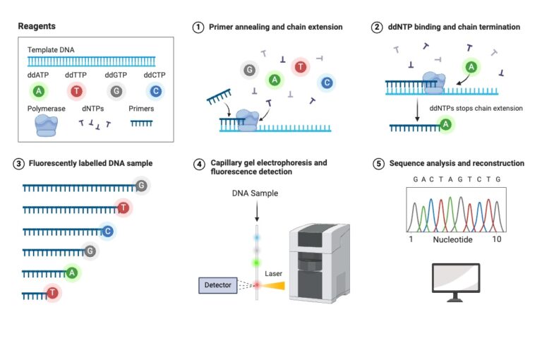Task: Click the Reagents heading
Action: point(37,26)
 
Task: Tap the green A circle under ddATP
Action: point(39,91)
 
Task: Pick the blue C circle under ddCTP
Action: point(156,91)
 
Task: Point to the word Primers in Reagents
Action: point(142,109)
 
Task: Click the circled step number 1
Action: point(198,27)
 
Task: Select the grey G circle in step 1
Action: point(248,70)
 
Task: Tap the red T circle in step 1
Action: point(301,67)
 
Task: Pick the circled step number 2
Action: point(378,27)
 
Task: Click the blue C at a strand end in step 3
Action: point(107,231)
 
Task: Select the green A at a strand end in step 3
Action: point(71,272)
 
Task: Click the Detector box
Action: point(217,285)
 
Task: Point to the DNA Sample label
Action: point(255,193)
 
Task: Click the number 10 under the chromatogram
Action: point(497,240)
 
